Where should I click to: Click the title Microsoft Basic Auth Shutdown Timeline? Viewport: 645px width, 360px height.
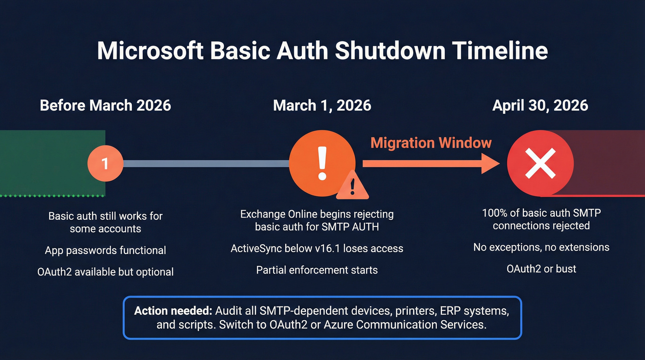click(x=322, y=51)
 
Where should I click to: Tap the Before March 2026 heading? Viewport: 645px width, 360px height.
click(x=106, y=105)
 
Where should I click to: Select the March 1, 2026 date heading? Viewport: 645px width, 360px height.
click(x=322, y=105)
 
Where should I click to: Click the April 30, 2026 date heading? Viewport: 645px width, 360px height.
click(x=540, y=105)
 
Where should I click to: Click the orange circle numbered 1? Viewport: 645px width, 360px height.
click(x=106, y=164)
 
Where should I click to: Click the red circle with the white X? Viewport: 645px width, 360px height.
click(x=540, y=163)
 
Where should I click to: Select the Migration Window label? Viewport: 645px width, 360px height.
click(x=431, y=142)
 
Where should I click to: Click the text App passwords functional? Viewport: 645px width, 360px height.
click(x=106, y=250)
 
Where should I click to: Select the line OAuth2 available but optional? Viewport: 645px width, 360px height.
click(x=106, y=272)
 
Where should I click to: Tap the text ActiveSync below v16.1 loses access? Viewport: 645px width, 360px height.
click(x=317, y=248)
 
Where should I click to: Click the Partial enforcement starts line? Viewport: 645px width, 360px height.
click(x=317, y=270)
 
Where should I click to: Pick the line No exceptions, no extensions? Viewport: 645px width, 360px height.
click(x=541, y=248)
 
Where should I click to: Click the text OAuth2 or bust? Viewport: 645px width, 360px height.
click(x=541, y=269)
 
